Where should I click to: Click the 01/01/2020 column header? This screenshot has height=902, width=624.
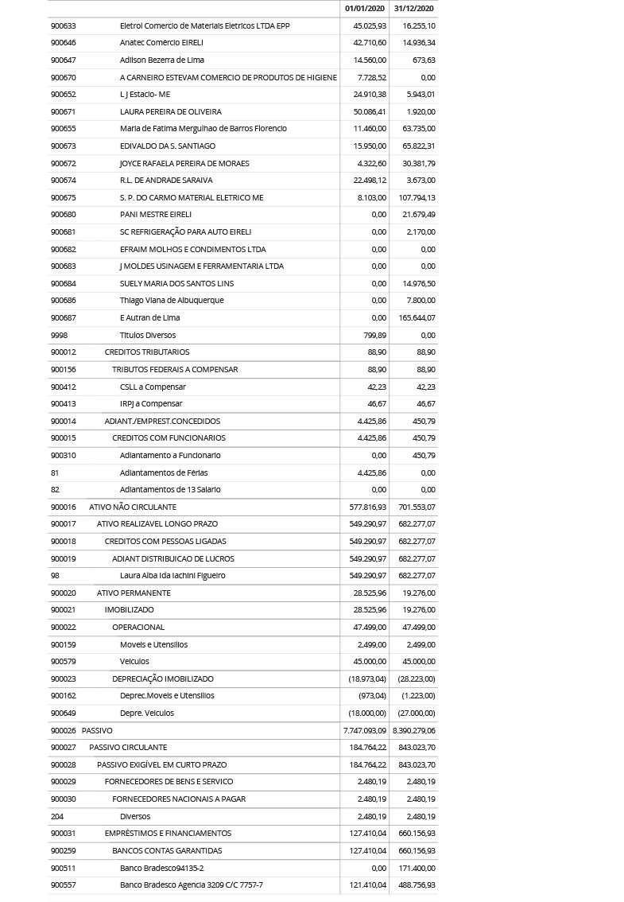(365, 8)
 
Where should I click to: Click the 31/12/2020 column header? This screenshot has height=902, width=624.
(413, 8)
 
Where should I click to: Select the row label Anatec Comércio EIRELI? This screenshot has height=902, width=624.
(161, 43)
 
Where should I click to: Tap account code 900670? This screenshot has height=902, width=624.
(63, 77)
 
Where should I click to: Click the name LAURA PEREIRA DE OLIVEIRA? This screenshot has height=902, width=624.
(170, 111)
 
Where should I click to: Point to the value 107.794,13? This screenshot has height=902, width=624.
(417, 197)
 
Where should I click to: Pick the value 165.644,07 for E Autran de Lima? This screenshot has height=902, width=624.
(417, 317)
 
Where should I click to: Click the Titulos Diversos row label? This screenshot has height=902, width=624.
(147, 335)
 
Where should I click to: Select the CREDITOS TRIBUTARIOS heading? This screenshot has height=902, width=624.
(146, 352)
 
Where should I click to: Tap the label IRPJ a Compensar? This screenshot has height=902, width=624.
(150, 403)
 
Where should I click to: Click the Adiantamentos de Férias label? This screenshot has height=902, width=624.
(164, 472)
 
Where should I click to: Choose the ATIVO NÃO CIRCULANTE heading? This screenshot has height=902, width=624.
(132, 507)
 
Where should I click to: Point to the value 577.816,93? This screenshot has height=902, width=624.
(367, 507)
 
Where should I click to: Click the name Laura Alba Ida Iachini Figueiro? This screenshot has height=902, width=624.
(172, 575)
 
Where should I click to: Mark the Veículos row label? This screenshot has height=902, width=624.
(134, 661)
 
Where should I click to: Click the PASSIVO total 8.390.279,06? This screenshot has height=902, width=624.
(413, 730)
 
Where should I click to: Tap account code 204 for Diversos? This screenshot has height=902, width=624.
(56, 816)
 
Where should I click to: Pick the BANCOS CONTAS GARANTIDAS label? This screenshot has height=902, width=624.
(166, 850)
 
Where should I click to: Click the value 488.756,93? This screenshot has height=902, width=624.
(417, 885)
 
